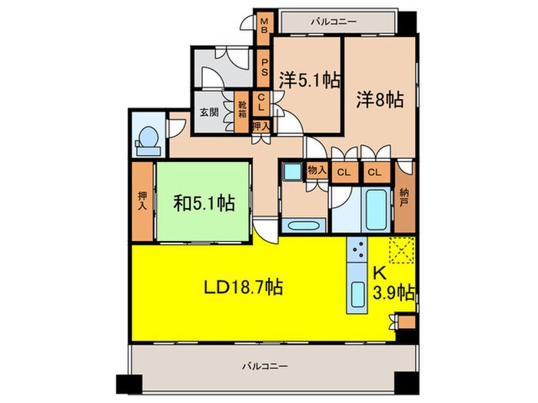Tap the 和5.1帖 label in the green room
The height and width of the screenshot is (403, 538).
[x=204, y=204]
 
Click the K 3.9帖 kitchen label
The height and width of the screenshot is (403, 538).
[x=394, y=284]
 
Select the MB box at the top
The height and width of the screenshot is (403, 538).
[x=263, y=24]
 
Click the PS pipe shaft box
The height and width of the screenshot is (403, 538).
[x=263, y=68]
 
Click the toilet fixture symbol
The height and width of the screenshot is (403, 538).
[x=148, y=138]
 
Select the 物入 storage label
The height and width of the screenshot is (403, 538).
[x=316, y=170]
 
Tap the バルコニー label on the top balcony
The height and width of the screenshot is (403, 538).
[x=334, y=22]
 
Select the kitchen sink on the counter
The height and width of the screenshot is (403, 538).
[x=357, y=296]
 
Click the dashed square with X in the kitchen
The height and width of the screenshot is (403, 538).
[x=400, y=249]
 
